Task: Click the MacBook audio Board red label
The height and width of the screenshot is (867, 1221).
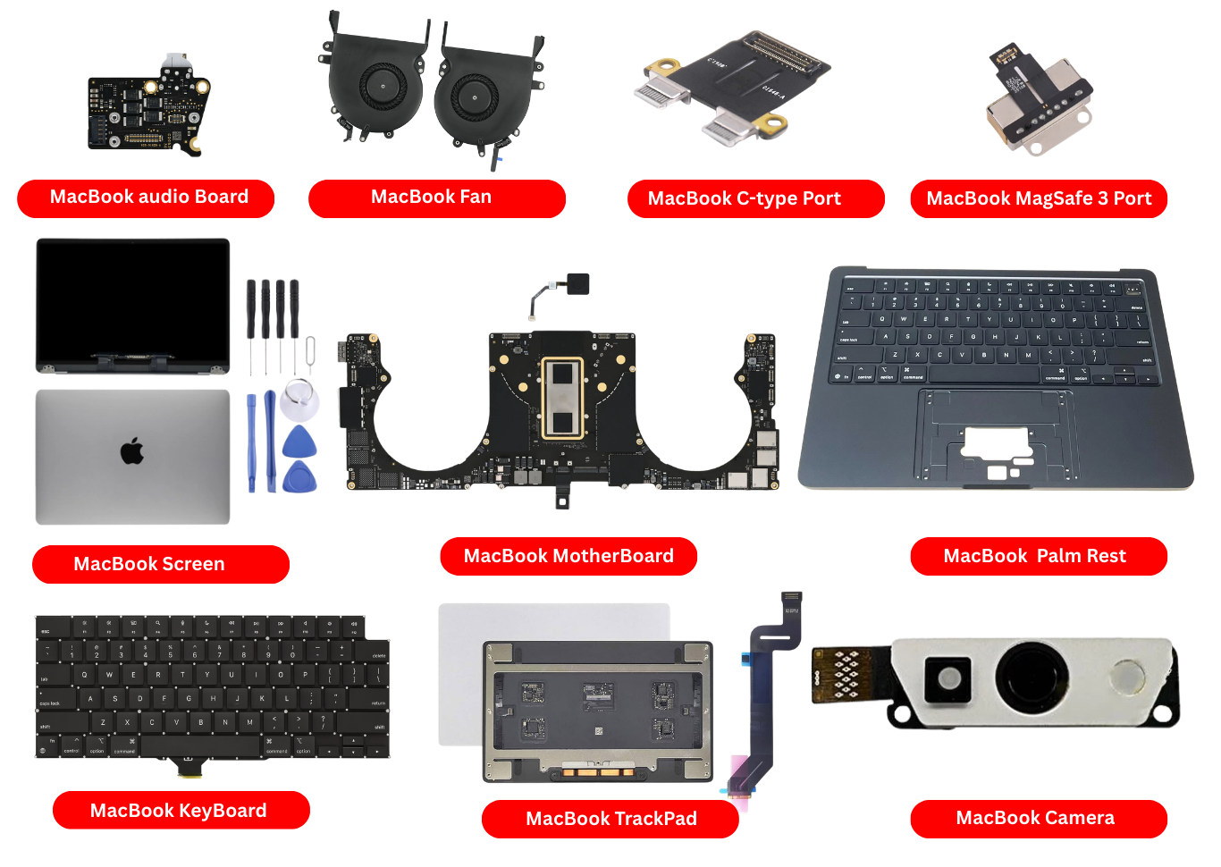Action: pyautogui.click(x=146, y=198)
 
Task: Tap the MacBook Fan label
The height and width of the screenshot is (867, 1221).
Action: pyautogui.click(x=436, y=198)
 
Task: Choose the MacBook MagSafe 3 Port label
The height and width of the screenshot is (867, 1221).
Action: pyautogui.click(x=1039, y=198)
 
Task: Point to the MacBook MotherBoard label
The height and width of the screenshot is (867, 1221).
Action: pyautogui.click(x=568, y=556)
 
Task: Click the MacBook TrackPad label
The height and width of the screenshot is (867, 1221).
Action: pyautogui.click(x=610, y=818)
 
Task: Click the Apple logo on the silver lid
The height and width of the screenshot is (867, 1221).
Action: pyautogui.click(x=132, y=451)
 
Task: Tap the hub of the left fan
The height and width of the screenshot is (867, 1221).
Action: pyautogui.click(x=383, y=87)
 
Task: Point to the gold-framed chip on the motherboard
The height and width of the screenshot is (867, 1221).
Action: pyautogui.click(x=562, y=399)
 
